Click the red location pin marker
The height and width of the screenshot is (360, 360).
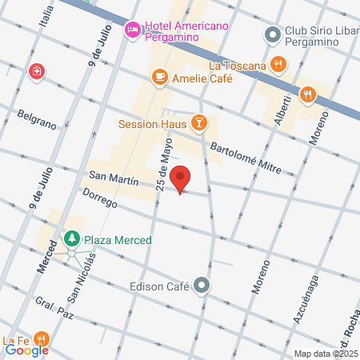pyautogui.click(x=181, y=179)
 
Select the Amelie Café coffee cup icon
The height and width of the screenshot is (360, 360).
pyautogui.click(x=160, y=78)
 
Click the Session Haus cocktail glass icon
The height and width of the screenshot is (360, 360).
pyautogui.click(x=198, y=123)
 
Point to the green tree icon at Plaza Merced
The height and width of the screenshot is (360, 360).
pyautogui.click(x=72, y=240)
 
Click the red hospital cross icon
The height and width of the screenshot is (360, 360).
pyautogui.click(x=36, y=73)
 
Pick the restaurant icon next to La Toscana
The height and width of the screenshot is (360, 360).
pyautogui.click(x=278, y=64)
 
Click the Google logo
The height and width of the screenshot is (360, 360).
pyautogui.click(x=26, y=350)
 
